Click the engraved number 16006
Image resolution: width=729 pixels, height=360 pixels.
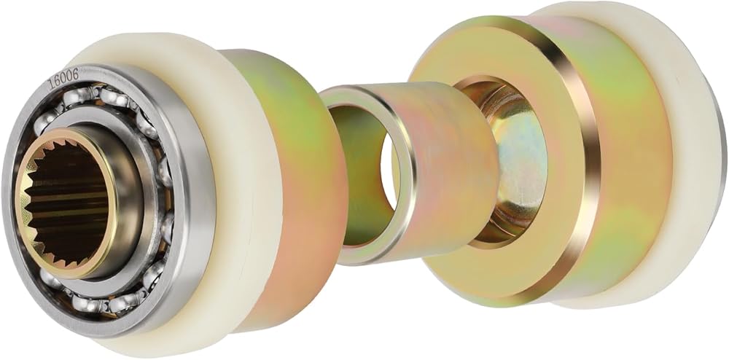[63, 79]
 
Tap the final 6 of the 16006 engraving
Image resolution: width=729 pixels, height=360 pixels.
[75, 72]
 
